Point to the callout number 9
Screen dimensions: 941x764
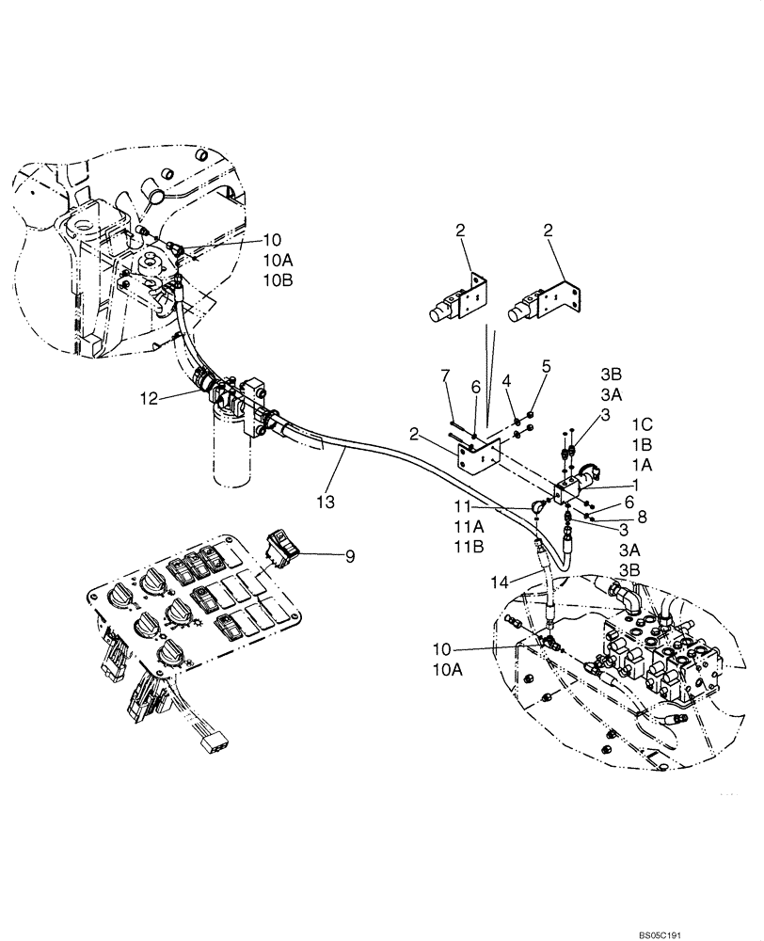click(x=351, y=557)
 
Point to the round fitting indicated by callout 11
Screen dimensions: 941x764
click(x=537, y=507)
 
